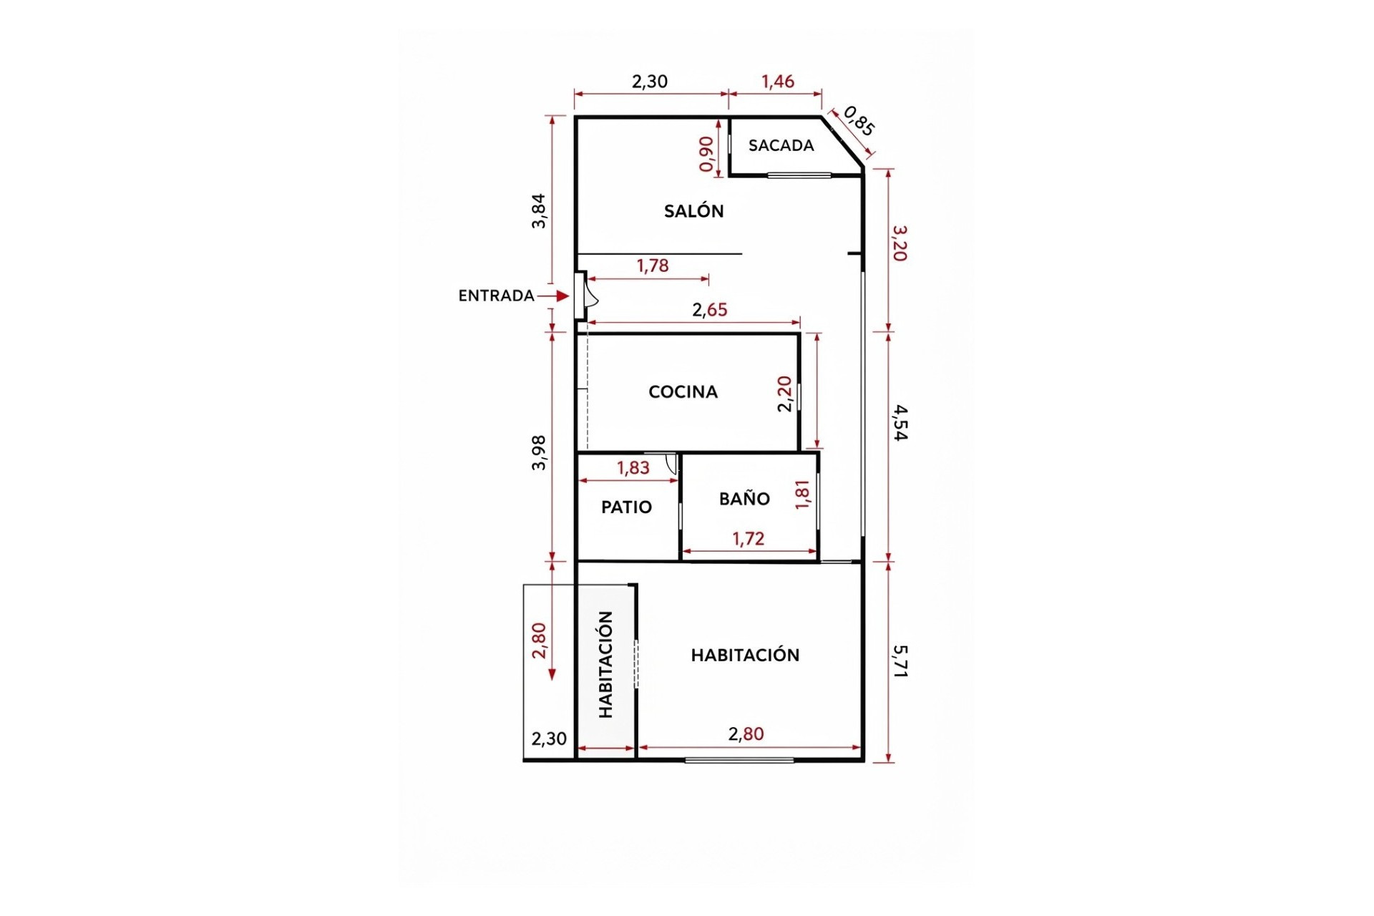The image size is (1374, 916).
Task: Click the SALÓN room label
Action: coord(693,211)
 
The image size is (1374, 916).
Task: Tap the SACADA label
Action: coord(781,146)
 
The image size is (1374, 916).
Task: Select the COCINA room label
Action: coord(683,392)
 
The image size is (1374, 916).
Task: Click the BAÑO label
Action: coord(744,499)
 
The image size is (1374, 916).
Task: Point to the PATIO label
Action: coord(626,507)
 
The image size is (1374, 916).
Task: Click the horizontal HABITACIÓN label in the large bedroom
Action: coord(745,655)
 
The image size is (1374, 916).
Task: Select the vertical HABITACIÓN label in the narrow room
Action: coord(606,664)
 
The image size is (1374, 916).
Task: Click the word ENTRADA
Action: coord(496,296)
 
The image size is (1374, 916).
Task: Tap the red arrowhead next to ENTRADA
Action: coord(563,296)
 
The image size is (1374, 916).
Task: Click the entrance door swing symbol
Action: coord(590,295)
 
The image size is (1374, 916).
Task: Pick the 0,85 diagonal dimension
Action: coord(859,121)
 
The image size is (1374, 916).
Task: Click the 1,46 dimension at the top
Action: coord(778,82)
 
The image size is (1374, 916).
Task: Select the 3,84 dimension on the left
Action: coord(538,211)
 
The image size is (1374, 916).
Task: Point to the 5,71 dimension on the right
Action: coord(900,661)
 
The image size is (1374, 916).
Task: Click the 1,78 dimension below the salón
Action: coord(653,266)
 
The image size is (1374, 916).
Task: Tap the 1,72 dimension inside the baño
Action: coord(748,539)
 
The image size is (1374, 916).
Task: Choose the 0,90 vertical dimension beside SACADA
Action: coord(706,154)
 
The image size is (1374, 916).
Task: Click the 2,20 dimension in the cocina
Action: coord(785,394)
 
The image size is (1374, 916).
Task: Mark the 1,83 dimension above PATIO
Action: coord(633,468)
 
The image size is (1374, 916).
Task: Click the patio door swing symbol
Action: coord(671,464)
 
